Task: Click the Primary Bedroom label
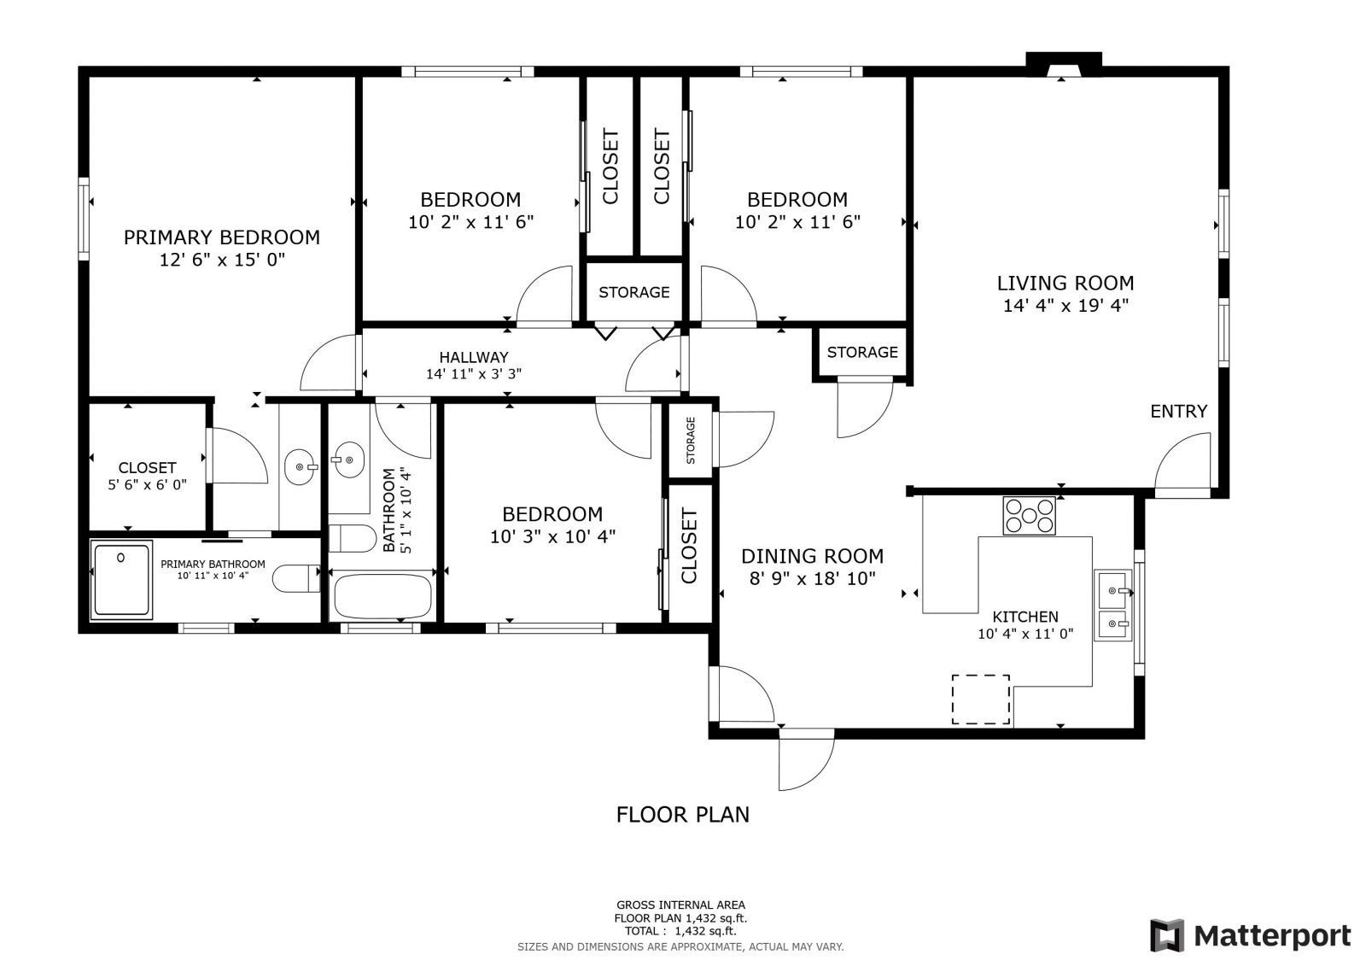[222, 237]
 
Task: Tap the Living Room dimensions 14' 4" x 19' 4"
[1066, 305]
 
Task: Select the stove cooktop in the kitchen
[1030, 516]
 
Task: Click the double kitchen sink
[1113, 606]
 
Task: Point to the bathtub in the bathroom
[382, 596]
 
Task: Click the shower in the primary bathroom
[121, 580]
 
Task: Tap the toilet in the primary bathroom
[295, 578]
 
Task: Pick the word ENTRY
[1179, 412]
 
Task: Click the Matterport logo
[1250, 935]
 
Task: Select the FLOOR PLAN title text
[683, 815]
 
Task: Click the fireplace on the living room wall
[1064, 64]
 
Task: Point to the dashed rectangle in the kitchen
[981, 700]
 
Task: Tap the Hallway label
[474, 358]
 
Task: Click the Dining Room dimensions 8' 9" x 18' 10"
[812, 578]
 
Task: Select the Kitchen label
[1025, 617]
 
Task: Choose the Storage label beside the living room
[862, 353]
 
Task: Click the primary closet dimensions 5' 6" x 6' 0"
[147, 485]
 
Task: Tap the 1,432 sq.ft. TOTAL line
[680, 931]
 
